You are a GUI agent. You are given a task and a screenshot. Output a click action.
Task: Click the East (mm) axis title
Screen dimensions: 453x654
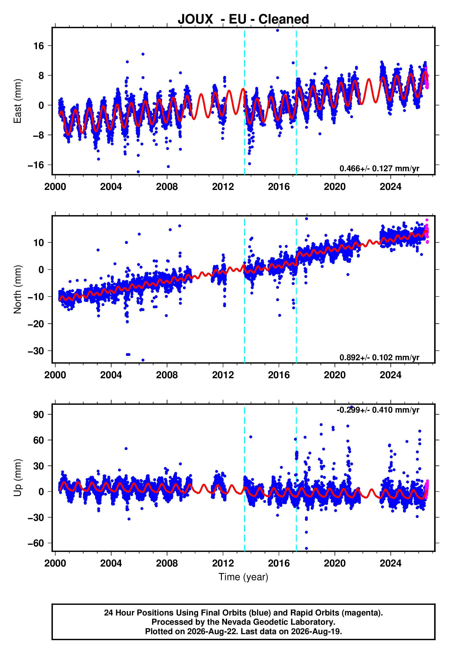point(18,101)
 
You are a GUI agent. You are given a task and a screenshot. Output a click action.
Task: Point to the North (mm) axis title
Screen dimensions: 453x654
point(18,289)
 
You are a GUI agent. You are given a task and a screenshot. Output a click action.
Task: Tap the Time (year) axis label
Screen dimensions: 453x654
point(243,577)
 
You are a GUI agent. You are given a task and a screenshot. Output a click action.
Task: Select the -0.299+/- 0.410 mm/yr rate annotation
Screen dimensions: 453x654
point(378,410)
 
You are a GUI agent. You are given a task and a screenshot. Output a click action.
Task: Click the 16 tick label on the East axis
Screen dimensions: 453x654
point(39,46)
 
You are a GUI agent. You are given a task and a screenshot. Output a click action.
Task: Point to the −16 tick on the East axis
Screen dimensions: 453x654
point(36,165)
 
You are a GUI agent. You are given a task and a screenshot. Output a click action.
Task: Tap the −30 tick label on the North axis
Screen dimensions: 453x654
point(36,351)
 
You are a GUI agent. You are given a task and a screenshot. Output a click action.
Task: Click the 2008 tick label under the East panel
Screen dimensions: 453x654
point(167,187)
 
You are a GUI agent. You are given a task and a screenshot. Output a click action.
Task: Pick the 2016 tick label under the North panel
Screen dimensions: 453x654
point(279,375)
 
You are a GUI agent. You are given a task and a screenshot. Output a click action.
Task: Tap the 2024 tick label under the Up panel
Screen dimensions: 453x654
point(391,563)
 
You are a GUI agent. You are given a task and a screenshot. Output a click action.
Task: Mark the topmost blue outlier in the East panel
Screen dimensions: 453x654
point(277,30)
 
